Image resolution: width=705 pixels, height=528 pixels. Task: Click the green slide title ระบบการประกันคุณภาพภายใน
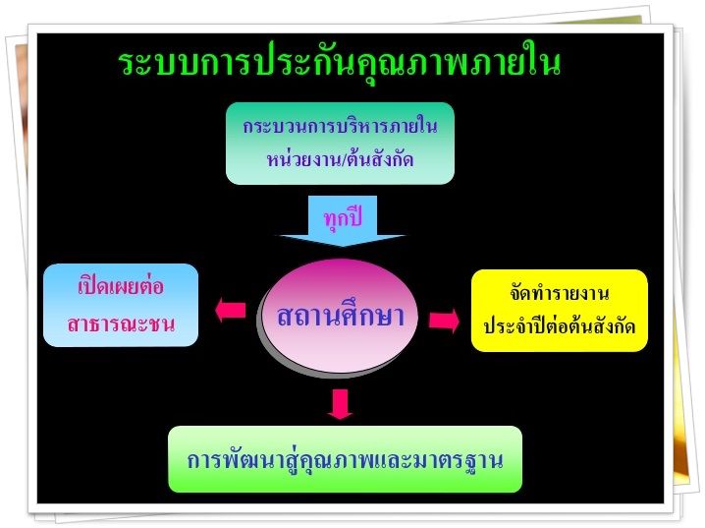coord(340,62)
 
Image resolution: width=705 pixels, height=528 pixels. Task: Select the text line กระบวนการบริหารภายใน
coord(340,126)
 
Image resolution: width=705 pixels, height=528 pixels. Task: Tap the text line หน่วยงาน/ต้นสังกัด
coord(340,158)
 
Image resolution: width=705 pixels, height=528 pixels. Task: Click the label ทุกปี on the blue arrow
coord(343,218)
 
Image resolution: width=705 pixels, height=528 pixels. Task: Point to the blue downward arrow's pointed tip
coord(343,246)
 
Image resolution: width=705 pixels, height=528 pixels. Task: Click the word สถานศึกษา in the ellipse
coord(340,315)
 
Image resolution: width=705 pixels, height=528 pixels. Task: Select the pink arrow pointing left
coord(230,311)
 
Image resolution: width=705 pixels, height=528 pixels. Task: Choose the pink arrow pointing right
coord(444,321)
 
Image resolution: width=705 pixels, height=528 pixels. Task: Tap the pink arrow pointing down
coord(340,404)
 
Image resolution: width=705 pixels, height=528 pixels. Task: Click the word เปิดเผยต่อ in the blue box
coord(121,287)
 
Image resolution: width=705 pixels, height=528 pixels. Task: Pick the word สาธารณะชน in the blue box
coord(121,323)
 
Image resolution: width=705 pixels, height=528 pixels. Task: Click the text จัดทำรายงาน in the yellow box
coord(560,293)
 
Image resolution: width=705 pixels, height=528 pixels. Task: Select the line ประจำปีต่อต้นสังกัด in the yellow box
coord(560,326)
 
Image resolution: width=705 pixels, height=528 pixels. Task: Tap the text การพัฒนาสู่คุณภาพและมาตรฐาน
coord(345,460)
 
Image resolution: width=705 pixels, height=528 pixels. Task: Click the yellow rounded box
coord(560,311)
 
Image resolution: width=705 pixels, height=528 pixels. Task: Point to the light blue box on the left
coord(121,305)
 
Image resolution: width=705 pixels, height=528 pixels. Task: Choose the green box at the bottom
coord(345,459)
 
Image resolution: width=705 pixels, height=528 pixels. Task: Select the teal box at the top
coord(340,144)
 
